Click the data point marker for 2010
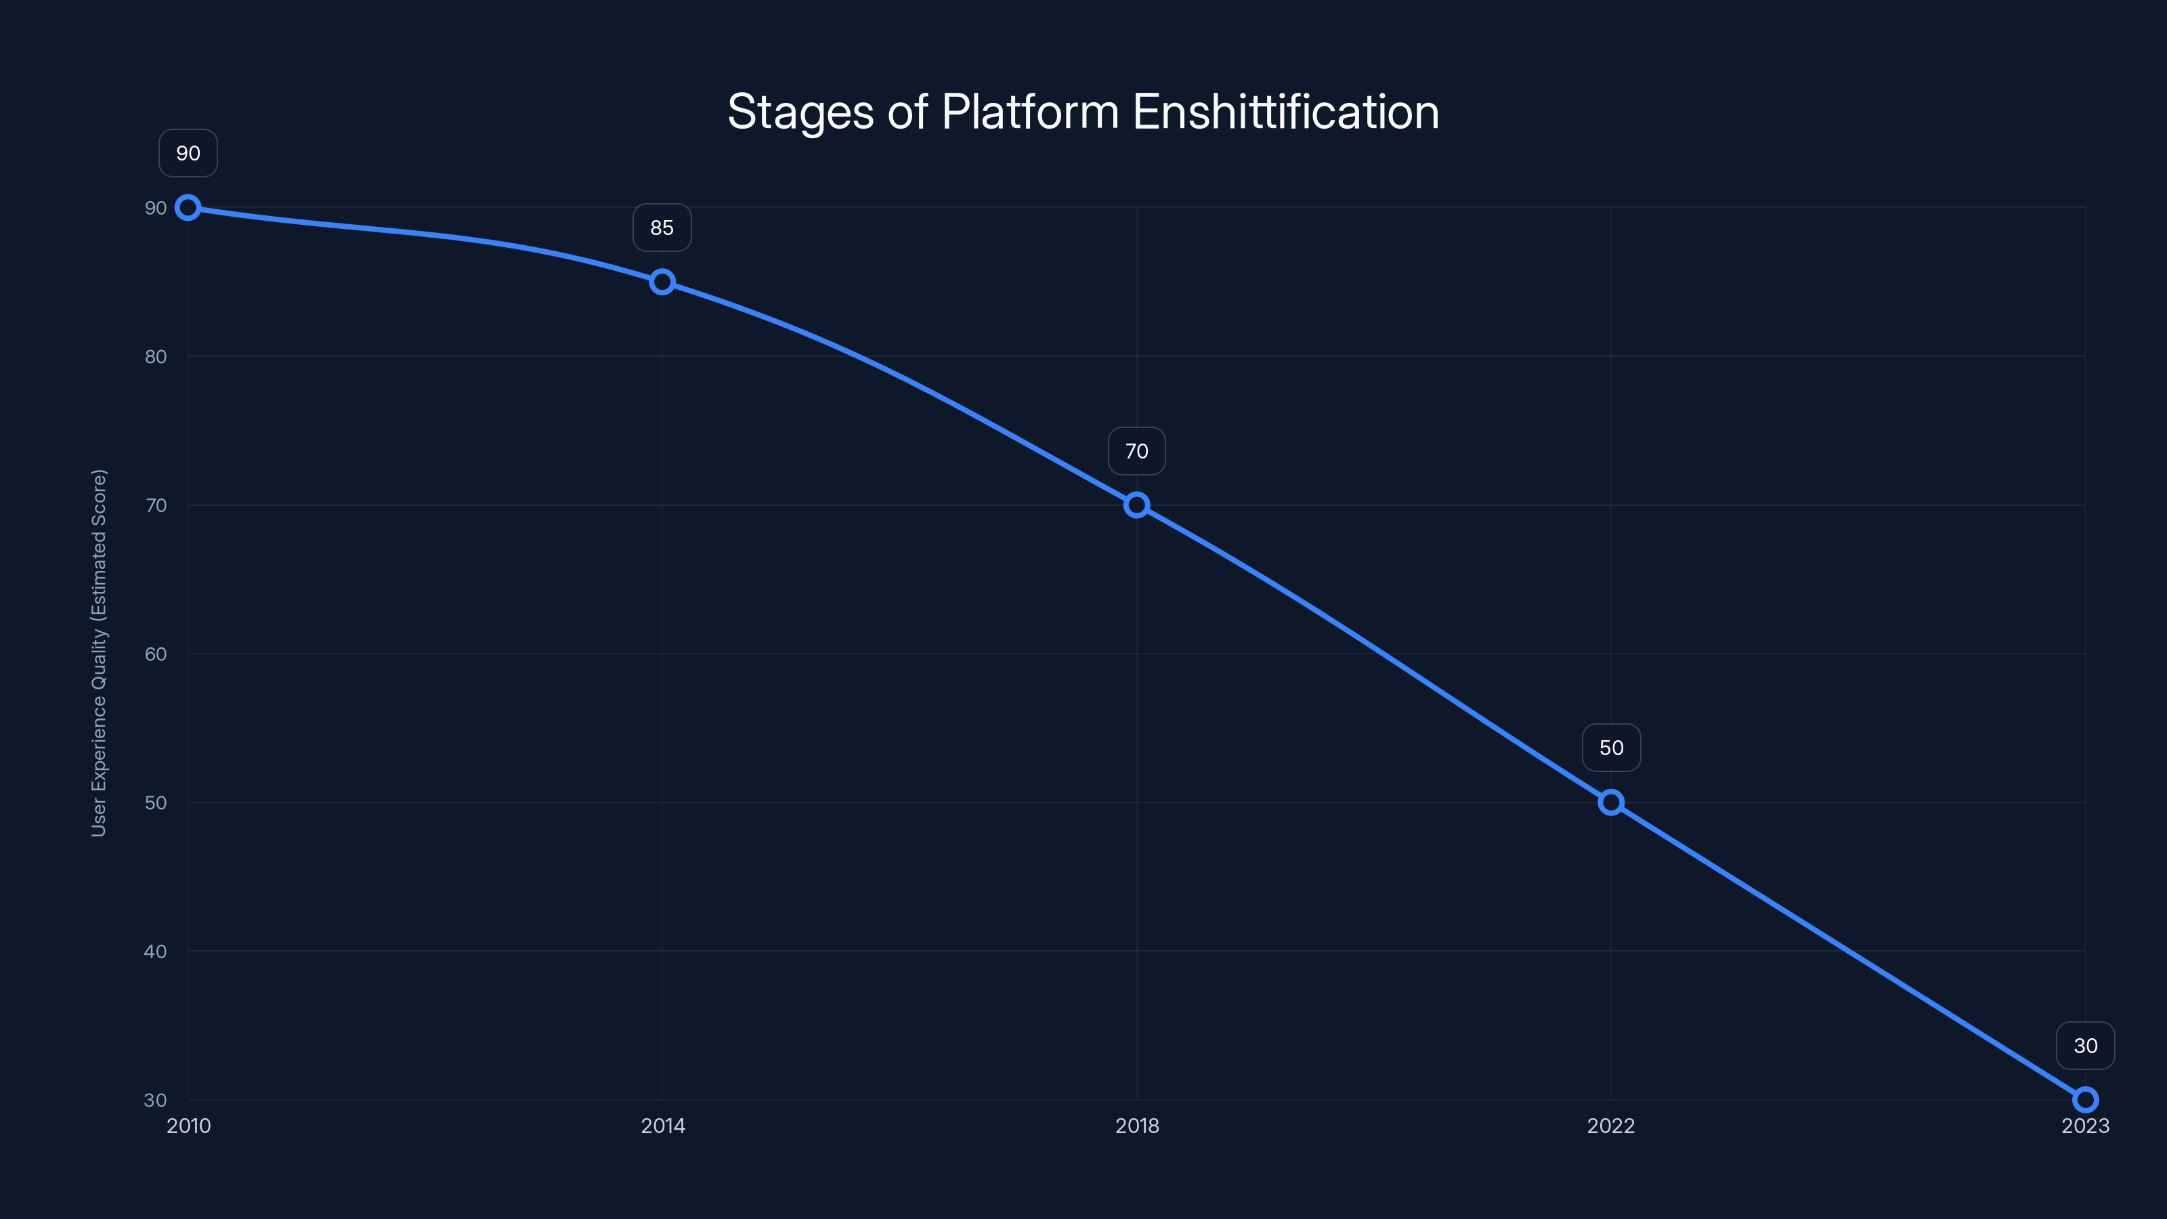click(x=188, y=207)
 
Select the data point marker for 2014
click(x=662, y=282)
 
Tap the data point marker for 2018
click(x=1136, y=505)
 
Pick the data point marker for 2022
click(x=1611, y=803)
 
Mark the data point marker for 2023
click(x=2086, y=1100)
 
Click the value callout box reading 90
click(x=188, y=153)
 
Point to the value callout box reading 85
click(x=662, y=227)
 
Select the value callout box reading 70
click(x=1136, y=451)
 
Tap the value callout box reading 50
click(x=1611, y=748)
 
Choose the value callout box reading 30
click(x=2086, y=1046)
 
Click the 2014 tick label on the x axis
click(x=663, y=1126)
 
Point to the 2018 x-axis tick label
click(x=1136, y=1126)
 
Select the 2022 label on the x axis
click(x=1611, y=1126)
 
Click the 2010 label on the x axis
click(x=188, y=1126)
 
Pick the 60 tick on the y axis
click(x=156, y=654)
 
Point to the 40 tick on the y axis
click(x=156, y=951)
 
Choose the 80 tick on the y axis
click(x=156, y=357)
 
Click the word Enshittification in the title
click(x=1286, y=112)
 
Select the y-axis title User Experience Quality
click(x=100, y=653)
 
